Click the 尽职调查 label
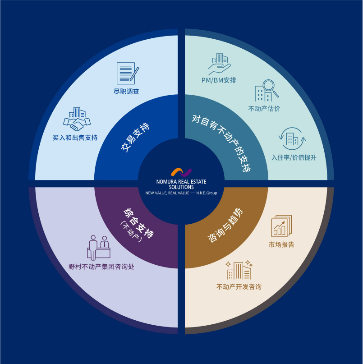coord(126,91)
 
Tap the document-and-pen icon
coord(128,73)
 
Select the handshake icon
coord(77,119)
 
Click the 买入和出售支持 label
coord(75,138)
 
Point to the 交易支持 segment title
coord(135,137)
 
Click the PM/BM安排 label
coord(219,80)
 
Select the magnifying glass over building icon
coord(267,91)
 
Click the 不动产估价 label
coord(264,108)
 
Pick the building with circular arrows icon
coord(292,138)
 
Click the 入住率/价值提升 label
coord(294,157)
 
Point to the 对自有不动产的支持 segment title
coord(221,143)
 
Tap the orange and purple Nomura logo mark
coord(181,172)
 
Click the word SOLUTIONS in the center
coord(181,187)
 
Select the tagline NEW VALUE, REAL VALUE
coord(167,193)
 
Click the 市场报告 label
coord(281,244)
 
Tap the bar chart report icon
coord(281,226)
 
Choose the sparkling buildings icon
coord(239,270)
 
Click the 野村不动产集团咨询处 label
coord(101,267)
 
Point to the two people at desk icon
coord(99,248)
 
